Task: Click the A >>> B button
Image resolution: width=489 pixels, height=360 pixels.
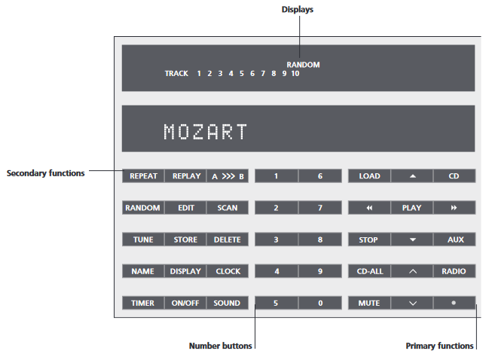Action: point(228,176)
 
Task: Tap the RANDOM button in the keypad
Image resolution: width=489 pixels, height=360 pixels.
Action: point(142,208)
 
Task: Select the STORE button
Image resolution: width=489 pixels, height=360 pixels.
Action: point(185,239)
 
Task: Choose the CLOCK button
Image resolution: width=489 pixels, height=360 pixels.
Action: point(228,271)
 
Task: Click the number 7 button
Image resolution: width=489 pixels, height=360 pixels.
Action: point(320,208)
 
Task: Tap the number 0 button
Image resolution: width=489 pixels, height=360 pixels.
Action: point(320,303)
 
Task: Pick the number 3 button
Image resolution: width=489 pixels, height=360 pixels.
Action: point(276,239)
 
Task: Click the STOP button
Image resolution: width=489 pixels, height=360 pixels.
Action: point(368,239)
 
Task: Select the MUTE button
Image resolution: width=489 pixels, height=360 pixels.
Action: point(368,303)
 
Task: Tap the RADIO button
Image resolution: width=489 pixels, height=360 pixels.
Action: point(454,271)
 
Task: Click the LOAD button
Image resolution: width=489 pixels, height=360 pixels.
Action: point(369,176)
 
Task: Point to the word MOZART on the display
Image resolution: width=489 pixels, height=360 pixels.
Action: point(205,132)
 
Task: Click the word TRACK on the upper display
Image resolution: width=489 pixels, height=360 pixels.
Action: point(176,74)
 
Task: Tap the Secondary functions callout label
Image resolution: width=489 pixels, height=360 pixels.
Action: point(45,172)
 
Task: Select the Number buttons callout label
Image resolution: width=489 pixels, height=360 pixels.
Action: point(220,346)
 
